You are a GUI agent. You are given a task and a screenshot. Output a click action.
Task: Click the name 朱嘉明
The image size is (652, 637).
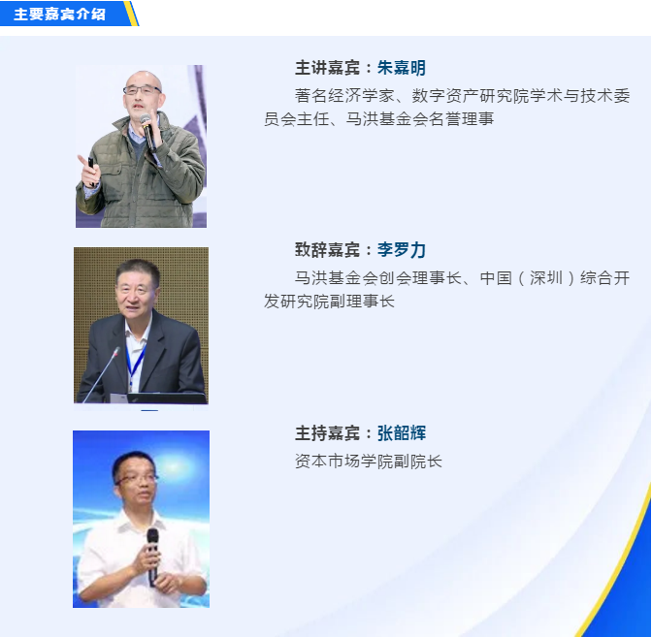(x=402, y=68)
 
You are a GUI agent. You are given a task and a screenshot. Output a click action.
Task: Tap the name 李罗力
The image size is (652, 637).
(x=402, y=250)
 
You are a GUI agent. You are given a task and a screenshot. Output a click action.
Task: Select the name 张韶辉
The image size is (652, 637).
(x=402, y=433)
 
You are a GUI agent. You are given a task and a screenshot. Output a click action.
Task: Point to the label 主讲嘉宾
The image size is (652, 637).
(x=328, y=68)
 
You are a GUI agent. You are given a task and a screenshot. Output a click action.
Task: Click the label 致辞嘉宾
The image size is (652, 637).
(x=328, y=250)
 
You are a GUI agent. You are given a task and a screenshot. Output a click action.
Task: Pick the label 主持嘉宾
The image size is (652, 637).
(x=328, y=433)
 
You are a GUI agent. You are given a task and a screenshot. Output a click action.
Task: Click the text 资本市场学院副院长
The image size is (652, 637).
(x=369, y=462)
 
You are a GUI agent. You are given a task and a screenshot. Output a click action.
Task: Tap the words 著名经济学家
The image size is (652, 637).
(x=344, y=96)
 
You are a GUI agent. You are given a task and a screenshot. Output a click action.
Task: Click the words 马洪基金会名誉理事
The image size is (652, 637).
(x=420, y=119)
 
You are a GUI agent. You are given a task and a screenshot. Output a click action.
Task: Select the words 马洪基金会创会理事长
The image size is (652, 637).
(x=378, y=278)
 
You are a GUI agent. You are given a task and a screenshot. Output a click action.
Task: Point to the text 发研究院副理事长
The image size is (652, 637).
(x=329, y=302)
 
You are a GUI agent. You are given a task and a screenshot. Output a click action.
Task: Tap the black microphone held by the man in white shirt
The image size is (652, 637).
(x=152, y=557)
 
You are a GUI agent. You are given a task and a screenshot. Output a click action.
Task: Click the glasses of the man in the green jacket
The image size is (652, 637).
(x=142, y=90)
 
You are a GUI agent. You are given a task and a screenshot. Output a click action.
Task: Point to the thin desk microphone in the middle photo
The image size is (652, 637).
(x=101, y=375)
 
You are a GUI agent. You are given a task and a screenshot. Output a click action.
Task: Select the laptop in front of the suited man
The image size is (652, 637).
(x=166, y=398)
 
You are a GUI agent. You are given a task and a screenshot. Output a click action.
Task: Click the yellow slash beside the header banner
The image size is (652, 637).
(x=131, y=14)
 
